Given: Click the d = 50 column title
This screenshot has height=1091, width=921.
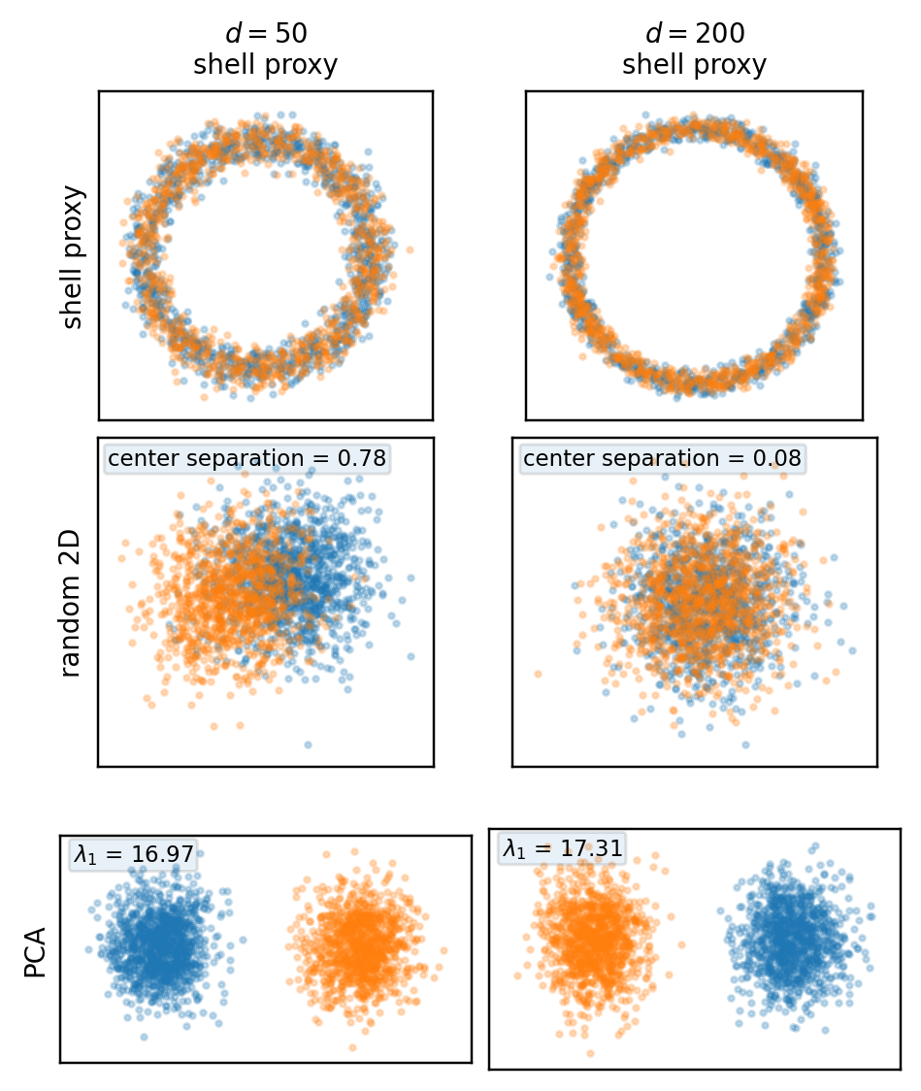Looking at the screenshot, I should (x=266, y=33).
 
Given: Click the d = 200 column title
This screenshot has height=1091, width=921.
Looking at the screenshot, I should (x=694, y=33).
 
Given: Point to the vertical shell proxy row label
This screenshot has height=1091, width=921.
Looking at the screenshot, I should (x=74, y=257).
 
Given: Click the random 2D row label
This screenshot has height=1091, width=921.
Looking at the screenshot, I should (x=74, y=603).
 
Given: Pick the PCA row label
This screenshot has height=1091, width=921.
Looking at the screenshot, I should (x=36, y=950).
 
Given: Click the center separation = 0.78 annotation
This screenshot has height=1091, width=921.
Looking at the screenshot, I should (x=247, y=458).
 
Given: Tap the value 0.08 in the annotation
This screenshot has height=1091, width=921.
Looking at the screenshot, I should (x=781, y=458).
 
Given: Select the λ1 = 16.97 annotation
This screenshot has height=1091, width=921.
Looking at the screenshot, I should (x=134, y=855).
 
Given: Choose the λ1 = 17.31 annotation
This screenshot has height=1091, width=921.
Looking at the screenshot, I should (x=562, y=847).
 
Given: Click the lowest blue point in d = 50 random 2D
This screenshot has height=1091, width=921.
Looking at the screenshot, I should (x=308, y=744).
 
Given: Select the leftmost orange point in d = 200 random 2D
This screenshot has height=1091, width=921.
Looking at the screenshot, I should (x=537, y=674).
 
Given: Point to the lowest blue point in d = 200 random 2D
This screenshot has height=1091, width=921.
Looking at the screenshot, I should (x=745, y=744).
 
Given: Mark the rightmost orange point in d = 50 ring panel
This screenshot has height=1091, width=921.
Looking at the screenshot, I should (x=411, y=249).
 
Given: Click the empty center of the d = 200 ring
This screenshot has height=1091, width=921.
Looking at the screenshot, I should (x=694, y=254).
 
